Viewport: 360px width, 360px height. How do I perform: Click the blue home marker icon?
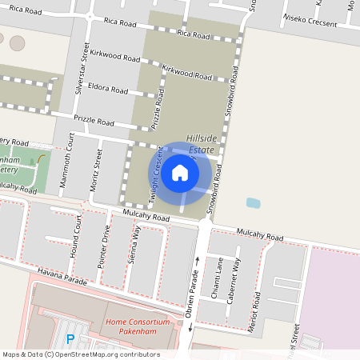coord(180,172)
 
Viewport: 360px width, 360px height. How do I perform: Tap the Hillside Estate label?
coord(202,143)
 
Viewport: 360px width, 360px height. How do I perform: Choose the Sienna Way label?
coord(135,245)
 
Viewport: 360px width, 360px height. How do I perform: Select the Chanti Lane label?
coord(216,272)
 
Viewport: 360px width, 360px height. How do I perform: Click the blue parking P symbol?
coord(70,338)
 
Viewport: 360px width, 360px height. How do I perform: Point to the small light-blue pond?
coord(254,202)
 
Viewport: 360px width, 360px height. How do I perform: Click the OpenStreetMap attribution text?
coord(80,354)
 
